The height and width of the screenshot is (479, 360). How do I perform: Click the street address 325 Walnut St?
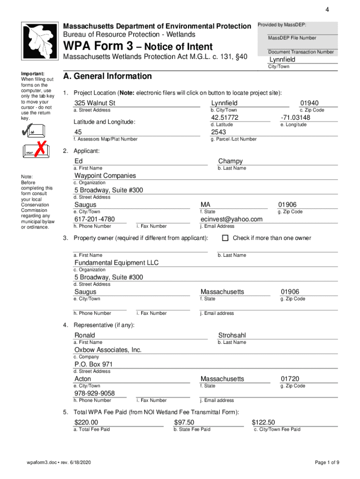[x=94, y=103]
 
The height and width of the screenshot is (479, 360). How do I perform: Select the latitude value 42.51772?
[x=224, y=117]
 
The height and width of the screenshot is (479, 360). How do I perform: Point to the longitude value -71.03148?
[x=295, y=117]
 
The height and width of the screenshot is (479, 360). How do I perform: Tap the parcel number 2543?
[x=218, y=132]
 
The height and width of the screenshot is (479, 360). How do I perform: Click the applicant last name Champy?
[x=230, y=161]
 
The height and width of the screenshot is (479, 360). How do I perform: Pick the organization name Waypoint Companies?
[x=105, y=176]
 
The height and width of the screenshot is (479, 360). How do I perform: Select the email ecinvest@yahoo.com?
[x=231, y=219]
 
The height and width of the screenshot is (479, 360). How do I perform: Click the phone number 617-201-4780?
[x=94, y=219]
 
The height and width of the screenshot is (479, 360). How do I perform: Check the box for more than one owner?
[x=225, y=238]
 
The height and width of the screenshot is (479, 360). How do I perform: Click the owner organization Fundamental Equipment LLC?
[x=116, y=263]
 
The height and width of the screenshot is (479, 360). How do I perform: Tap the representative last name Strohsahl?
[x=232, y=335]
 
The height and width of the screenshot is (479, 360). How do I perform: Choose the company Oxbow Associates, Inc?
[x=108, y=350]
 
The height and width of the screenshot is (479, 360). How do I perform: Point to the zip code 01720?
[x=290, y=379]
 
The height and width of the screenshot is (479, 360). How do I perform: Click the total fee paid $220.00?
[x=86, y=422]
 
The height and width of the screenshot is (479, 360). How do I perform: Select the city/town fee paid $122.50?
[x=263, y=422]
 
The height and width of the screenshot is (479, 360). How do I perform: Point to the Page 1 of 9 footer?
[x=327, y=463]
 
